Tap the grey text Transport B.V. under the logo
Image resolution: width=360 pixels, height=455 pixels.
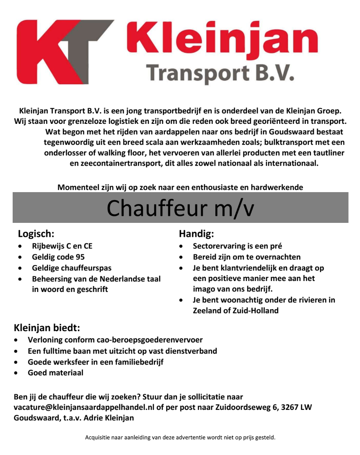pos(220,72)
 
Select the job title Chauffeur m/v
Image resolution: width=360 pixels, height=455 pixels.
pos(180,208)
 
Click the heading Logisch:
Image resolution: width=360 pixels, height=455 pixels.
pos(36,234)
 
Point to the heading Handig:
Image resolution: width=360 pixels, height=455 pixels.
pos(196,234)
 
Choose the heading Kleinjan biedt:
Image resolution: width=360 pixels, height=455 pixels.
pos(47,328)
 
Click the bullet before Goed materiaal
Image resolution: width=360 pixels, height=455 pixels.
pos(16,373)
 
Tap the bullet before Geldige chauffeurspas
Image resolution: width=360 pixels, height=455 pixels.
pos(20,268)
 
